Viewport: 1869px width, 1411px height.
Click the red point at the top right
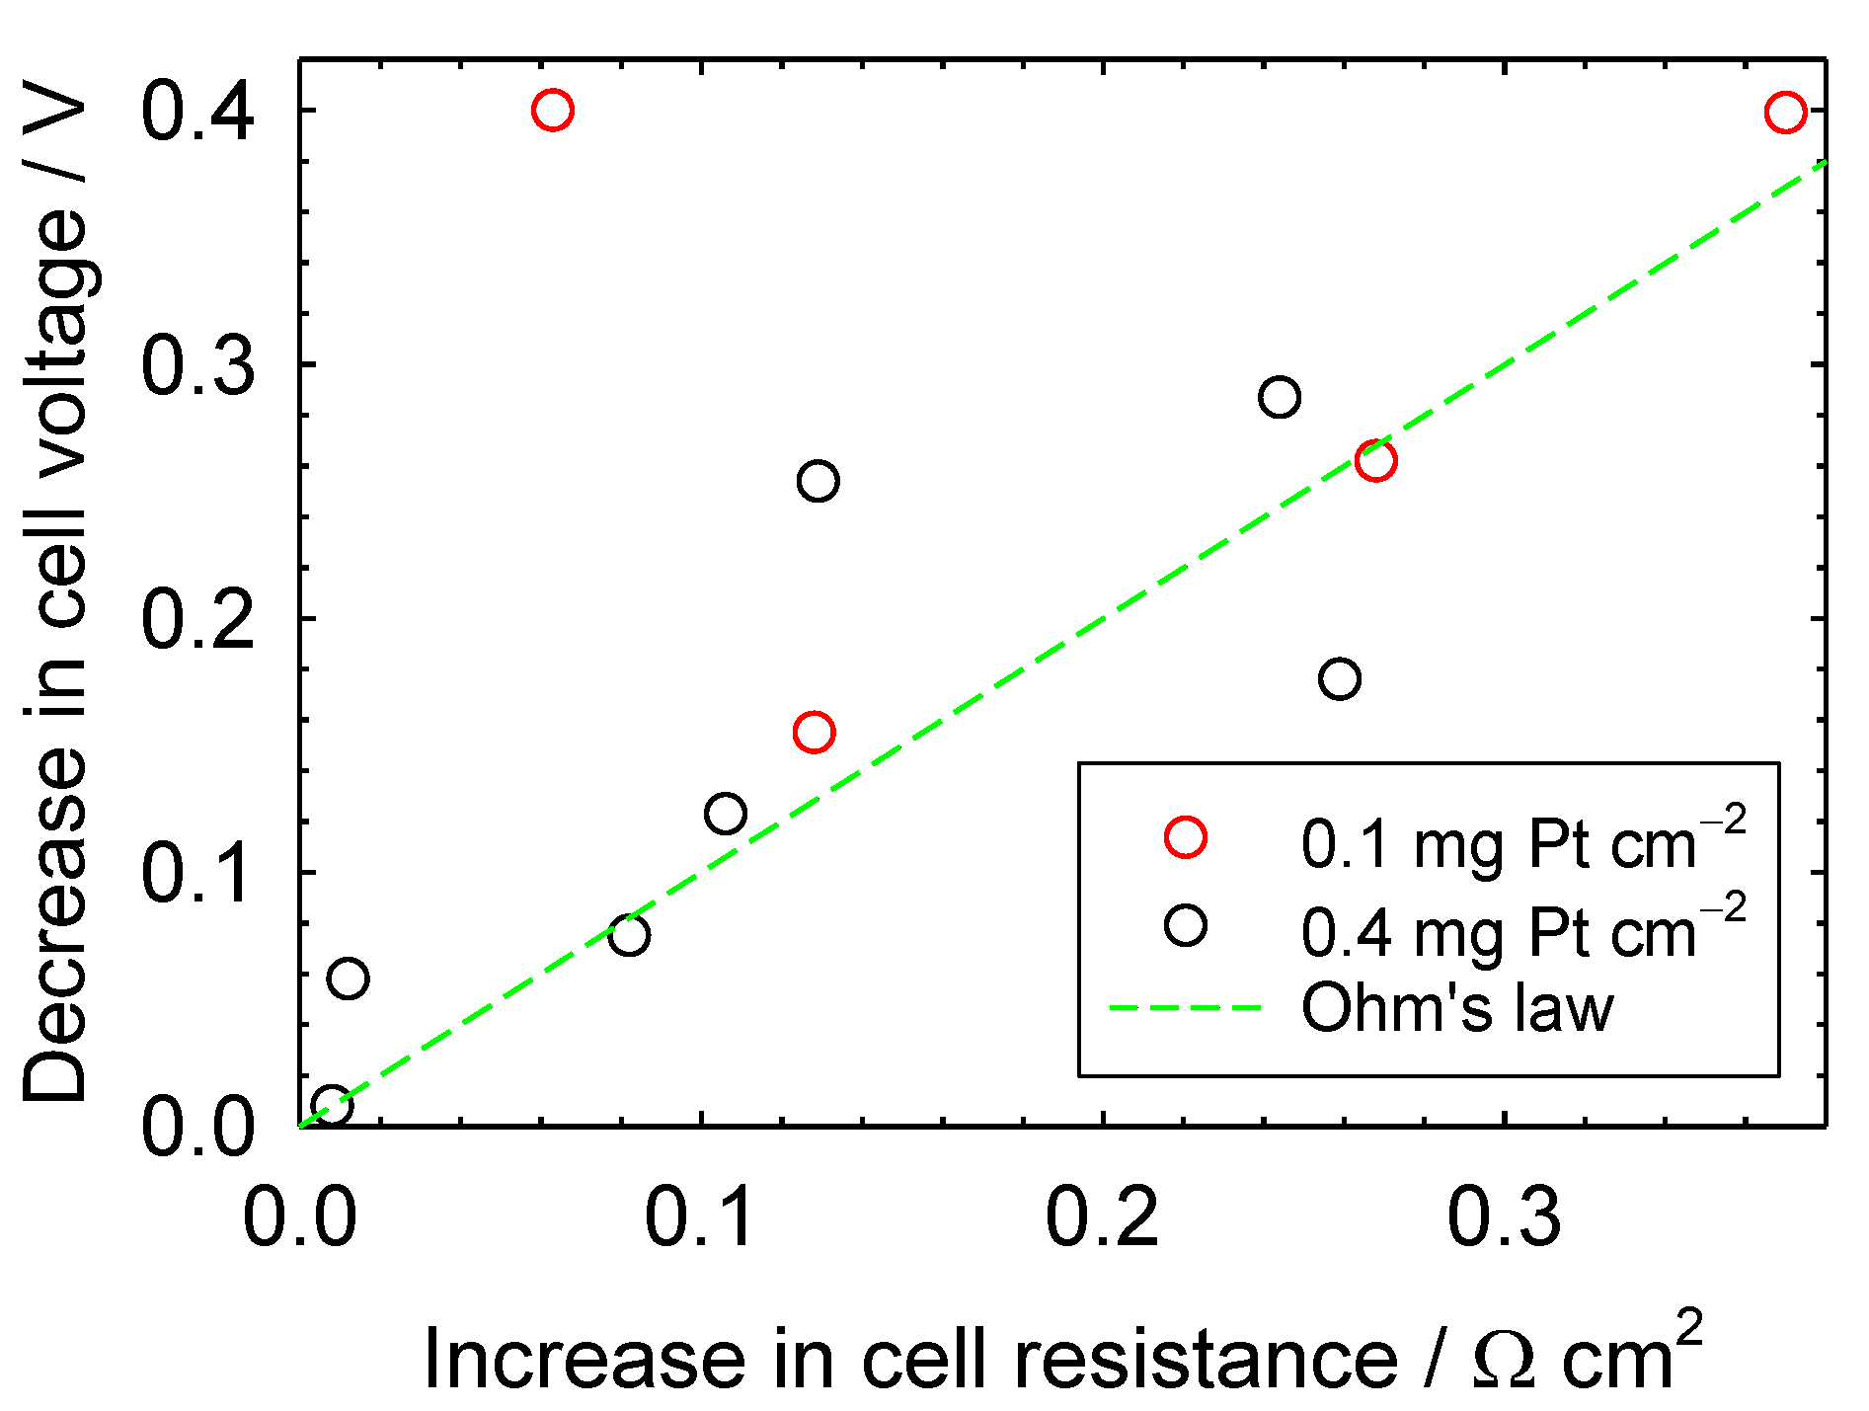click(1785, 113)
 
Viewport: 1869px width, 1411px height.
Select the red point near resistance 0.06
click(552, 110)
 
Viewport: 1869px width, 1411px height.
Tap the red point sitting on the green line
click(1375, 460)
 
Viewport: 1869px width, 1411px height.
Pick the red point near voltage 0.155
click(814, 733)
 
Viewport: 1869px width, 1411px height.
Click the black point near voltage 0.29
click(1279, 397)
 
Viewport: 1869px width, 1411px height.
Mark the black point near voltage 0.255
click(818, 481)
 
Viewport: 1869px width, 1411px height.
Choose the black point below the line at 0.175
click(1339, 679)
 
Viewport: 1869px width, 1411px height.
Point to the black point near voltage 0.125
click(726, 814)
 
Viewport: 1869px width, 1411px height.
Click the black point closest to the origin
click(332, 1105)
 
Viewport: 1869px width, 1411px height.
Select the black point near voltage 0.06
click(348, 979)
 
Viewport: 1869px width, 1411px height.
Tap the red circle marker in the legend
click(1185, 837)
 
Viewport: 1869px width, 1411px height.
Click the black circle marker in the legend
click(1185, 926)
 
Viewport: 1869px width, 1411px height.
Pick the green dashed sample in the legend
click(1185, 1008)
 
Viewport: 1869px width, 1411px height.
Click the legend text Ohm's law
click(1457, 1008)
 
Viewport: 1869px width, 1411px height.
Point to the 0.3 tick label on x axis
click(1504, 1216)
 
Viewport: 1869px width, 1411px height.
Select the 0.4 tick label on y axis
click(198, 111)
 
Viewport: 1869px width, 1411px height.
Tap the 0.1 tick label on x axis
click(701, 1216)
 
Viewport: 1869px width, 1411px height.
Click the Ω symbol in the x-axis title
click(1504, 1361)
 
